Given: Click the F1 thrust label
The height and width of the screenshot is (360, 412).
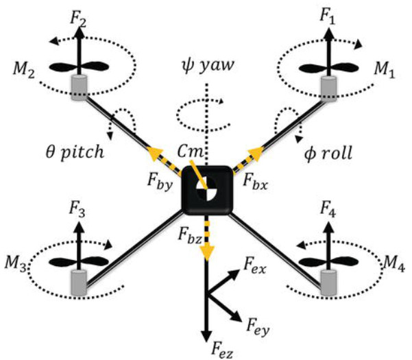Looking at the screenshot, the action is click(328, 16).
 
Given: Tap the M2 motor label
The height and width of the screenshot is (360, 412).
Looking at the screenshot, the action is click(23, 70).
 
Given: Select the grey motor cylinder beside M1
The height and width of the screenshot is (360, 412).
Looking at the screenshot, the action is click(328, 89).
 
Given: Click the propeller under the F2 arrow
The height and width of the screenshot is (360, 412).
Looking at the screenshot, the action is click(79, 67).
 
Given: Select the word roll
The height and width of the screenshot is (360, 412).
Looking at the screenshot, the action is click(336, 153).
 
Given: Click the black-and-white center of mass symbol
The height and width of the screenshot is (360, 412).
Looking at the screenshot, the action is click(207, 188).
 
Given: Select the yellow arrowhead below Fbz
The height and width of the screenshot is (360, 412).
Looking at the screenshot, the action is click(207, 252).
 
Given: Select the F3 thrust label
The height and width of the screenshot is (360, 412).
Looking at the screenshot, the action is click(77, 209).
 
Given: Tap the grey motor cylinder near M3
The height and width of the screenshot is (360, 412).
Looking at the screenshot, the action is click(79, 283).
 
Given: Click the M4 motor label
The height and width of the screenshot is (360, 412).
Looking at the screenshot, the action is click(393, 263).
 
